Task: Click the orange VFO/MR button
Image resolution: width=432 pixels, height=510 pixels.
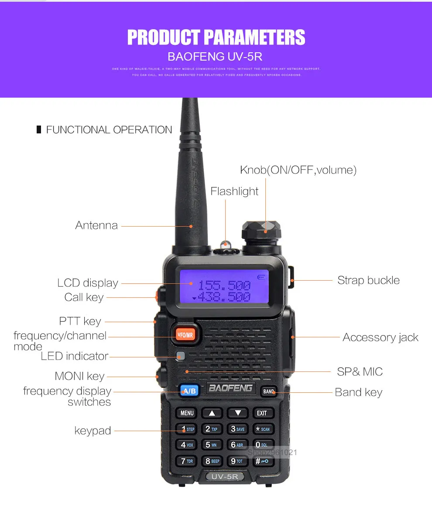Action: pos(185,335)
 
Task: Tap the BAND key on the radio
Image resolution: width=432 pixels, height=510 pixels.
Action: pos(269,391)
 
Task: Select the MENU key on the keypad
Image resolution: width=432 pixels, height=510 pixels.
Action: pos(187,413)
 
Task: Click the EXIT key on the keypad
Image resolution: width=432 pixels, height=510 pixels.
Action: pos(262,413)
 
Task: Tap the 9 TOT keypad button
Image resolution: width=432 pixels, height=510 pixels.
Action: pos(237,461)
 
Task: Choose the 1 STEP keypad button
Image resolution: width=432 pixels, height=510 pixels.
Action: pos(187,429)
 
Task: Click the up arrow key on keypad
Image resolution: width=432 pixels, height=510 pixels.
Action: pos(212,413)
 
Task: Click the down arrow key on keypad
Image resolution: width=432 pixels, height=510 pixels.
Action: pos(237,413)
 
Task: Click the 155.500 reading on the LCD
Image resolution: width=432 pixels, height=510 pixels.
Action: pos(224,286)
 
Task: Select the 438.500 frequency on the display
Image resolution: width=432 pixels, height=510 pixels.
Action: pos(224,297)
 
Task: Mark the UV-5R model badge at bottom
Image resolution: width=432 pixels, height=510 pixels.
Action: pos(224,476)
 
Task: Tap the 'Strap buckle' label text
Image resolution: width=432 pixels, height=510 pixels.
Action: pos(368,280)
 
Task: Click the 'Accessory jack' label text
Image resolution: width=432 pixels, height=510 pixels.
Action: pos(380,337)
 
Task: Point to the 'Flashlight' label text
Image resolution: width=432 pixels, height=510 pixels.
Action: pos(234,191)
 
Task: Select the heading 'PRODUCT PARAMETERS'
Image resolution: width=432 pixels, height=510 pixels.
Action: pos(216,37)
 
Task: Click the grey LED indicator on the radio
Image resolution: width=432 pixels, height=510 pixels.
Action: pos(181,356)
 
